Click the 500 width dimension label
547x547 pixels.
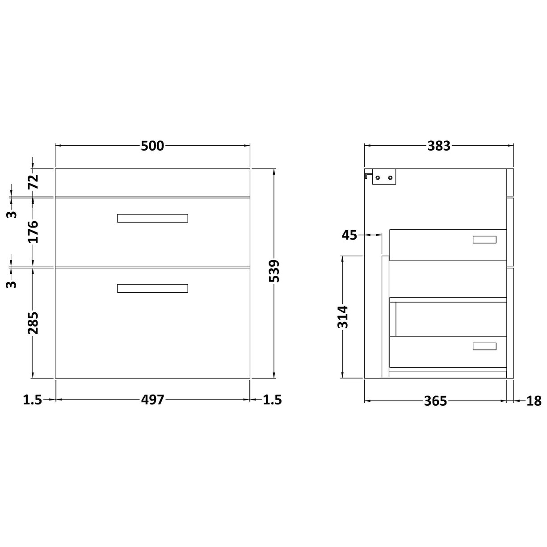(152, 146)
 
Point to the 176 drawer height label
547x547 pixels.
(34, 231)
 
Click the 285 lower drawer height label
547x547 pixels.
(34, 323)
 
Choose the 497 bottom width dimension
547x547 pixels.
(153, 400)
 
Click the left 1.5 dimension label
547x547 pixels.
(32, 400)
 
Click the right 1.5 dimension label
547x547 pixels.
(272, 400)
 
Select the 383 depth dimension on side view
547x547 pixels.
(438, 146)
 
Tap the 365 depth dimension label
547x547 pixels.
(435, 401)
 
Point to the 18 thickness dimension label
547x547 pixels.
(534, 401)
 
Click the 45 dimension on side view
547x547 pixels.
(349, 235)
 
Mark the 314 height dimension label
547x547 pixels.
(343, 316)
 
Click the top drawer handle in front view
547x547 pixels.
(152, 218)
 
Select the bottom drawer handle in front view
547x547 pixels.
(152, 288)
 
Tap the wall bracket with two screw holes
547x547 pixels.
(384, 177)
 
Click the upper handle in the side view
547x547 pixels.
(484, 240)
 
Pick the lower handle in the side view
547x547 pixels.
(484, 346)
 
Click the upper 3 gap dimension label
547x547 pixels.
(13, 214)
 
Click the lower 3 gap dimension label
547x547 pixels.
(13, 284)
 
